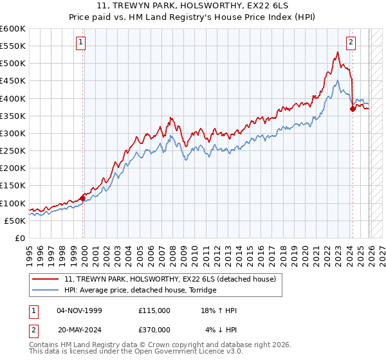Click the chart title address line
point(193,6)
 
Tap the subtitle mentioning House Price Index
point(193,17)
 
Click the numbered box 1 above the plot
point(82,43)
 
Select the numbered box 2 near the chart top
point(351,43)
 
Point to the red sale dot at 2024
point(353,109)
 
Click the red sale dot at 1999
point(82,198)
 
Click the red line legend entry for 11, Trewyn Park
point(170,279)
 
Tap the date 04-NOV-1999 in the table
point(79,310)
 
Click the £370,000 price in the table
point(154,330)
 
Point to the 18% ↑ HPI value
point(219,310)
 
